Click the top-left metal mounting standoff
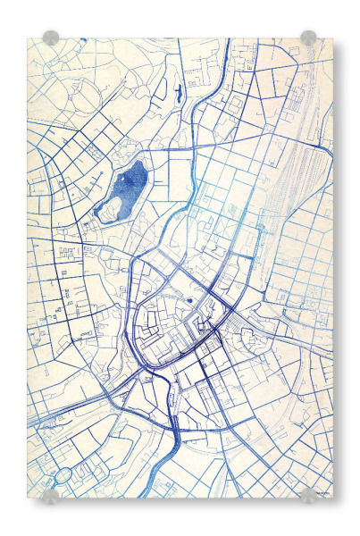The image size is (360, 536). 51,38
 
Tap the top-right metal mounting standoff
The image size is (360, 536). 308,38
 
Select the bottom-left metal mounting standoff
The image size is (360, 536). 51,496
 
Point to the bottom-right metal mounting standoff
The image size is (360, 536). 309,496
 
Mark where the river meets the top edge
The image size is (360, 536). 220,40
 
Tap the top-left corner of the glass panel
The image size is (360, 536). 28,38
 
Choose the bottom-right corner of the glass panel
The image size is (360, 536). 332,498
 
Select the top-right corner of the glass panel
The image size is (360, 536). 332,38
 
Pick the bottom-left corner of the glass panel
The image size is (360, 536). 28,498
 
